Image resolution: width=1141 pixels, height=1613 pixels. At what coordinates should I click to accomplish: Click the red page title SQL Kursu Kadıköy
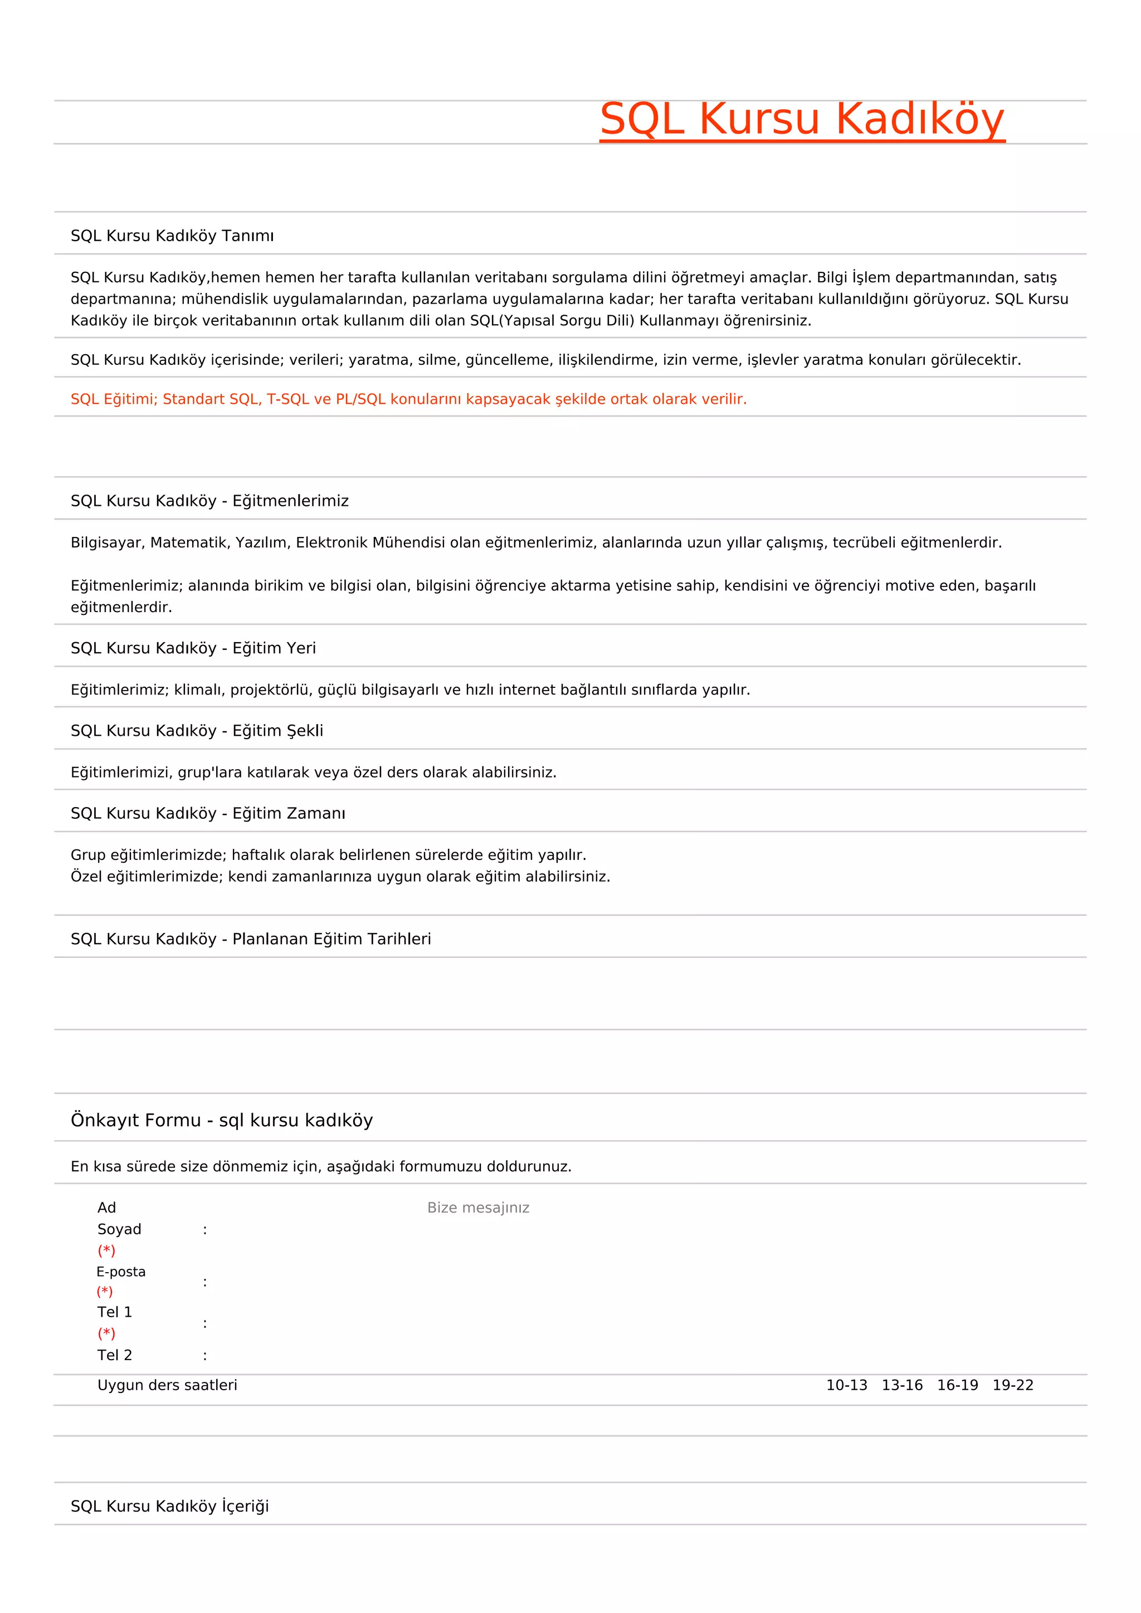[x=802, y=119]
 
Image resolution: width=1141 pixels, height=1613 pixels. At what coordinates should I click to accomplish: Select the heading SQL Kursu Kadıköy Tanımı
[x=172, y=236]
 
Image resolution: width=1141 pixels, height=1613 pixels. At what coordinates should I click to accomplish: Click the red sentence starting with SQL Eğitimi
[x=408, y=399]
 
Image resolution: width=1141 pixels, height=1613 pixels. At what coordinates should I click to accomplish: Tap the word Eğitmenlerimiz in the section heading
[x=290, y=501]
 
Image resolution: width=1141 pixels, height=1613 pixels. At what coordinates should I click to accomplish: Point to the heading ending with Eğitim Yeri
[x=193, y=648]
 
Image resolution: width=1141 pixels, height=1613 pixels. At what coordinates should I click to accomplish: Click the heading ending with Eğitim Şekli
[x=197, y=731]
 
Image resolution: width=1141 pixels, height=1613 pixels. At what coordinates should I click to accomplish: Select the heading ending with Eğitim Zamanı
[x=208, y=814]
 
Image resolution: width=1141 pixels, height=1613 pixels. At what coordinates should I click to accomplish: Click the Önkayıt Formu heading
[x=221, y=1120]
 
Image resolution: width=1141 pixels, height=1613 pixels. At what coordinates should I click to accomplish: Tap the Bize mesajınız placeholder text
[x=478, y=1208]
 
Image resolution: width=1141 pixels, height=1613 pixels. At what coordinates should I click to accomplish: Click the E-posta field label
[x=121, y=1272]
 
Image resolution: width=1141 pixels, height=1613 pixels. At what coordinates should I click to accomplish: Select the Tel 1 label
[x=115, y=1312]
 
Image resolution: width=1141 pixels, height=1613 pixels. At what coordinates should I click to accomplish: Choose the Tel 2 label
[x=115, y=1355]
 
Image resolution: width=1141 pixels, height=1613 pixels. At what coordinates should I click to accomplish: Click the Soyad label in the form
[x=119, y=1229]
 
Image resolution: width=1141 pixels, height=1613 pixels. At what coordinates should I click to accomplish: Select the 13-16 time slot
[x=902, y=1385]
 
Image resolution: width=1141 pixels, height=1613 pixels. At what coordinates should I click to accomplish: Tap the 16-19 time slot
[x=957, y=1385]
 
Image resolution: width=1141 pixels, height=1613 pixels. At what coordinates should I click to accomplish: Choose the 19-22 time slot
[x=1012, y=1385]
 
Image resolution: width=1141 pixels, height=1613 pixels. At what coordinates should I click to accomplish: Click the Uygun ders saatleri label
[x=167, y=1385]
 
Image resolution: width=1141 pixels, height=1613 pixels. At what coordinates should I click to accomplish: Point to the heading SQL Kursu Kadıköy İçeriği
[x=169, y=1506]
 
